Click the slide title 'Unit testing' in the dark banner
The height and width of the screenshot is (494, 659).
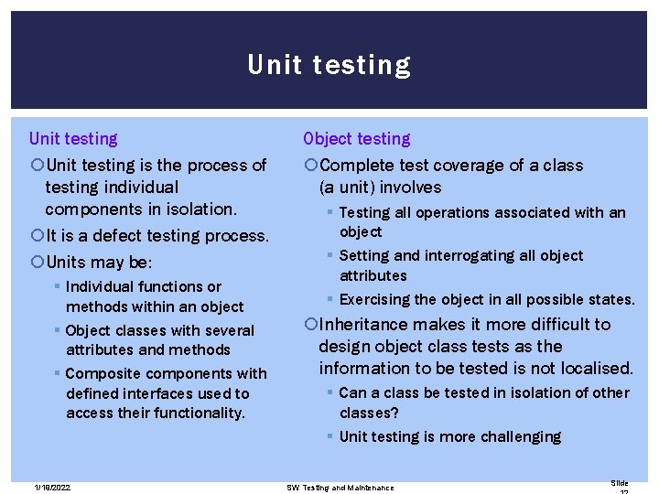click(329, 65)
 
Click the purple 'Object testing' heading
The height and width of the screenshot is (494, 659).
click(357, 139)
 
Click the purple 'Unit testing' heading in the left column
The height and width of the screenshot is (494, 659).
click(73, 139)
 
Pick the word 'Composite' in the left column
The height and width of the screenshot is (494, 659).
click(103, 373)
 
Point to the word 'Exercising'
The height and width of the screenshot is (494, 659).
click(379, 299)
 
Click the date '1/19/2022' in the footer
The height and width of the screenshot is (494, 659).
click(49, 488)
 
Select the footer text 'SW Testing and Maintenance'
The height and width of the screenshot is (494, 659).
click(340, 488)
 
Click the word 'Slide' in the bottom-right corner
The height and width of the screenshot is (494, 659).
click(619, 483)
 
